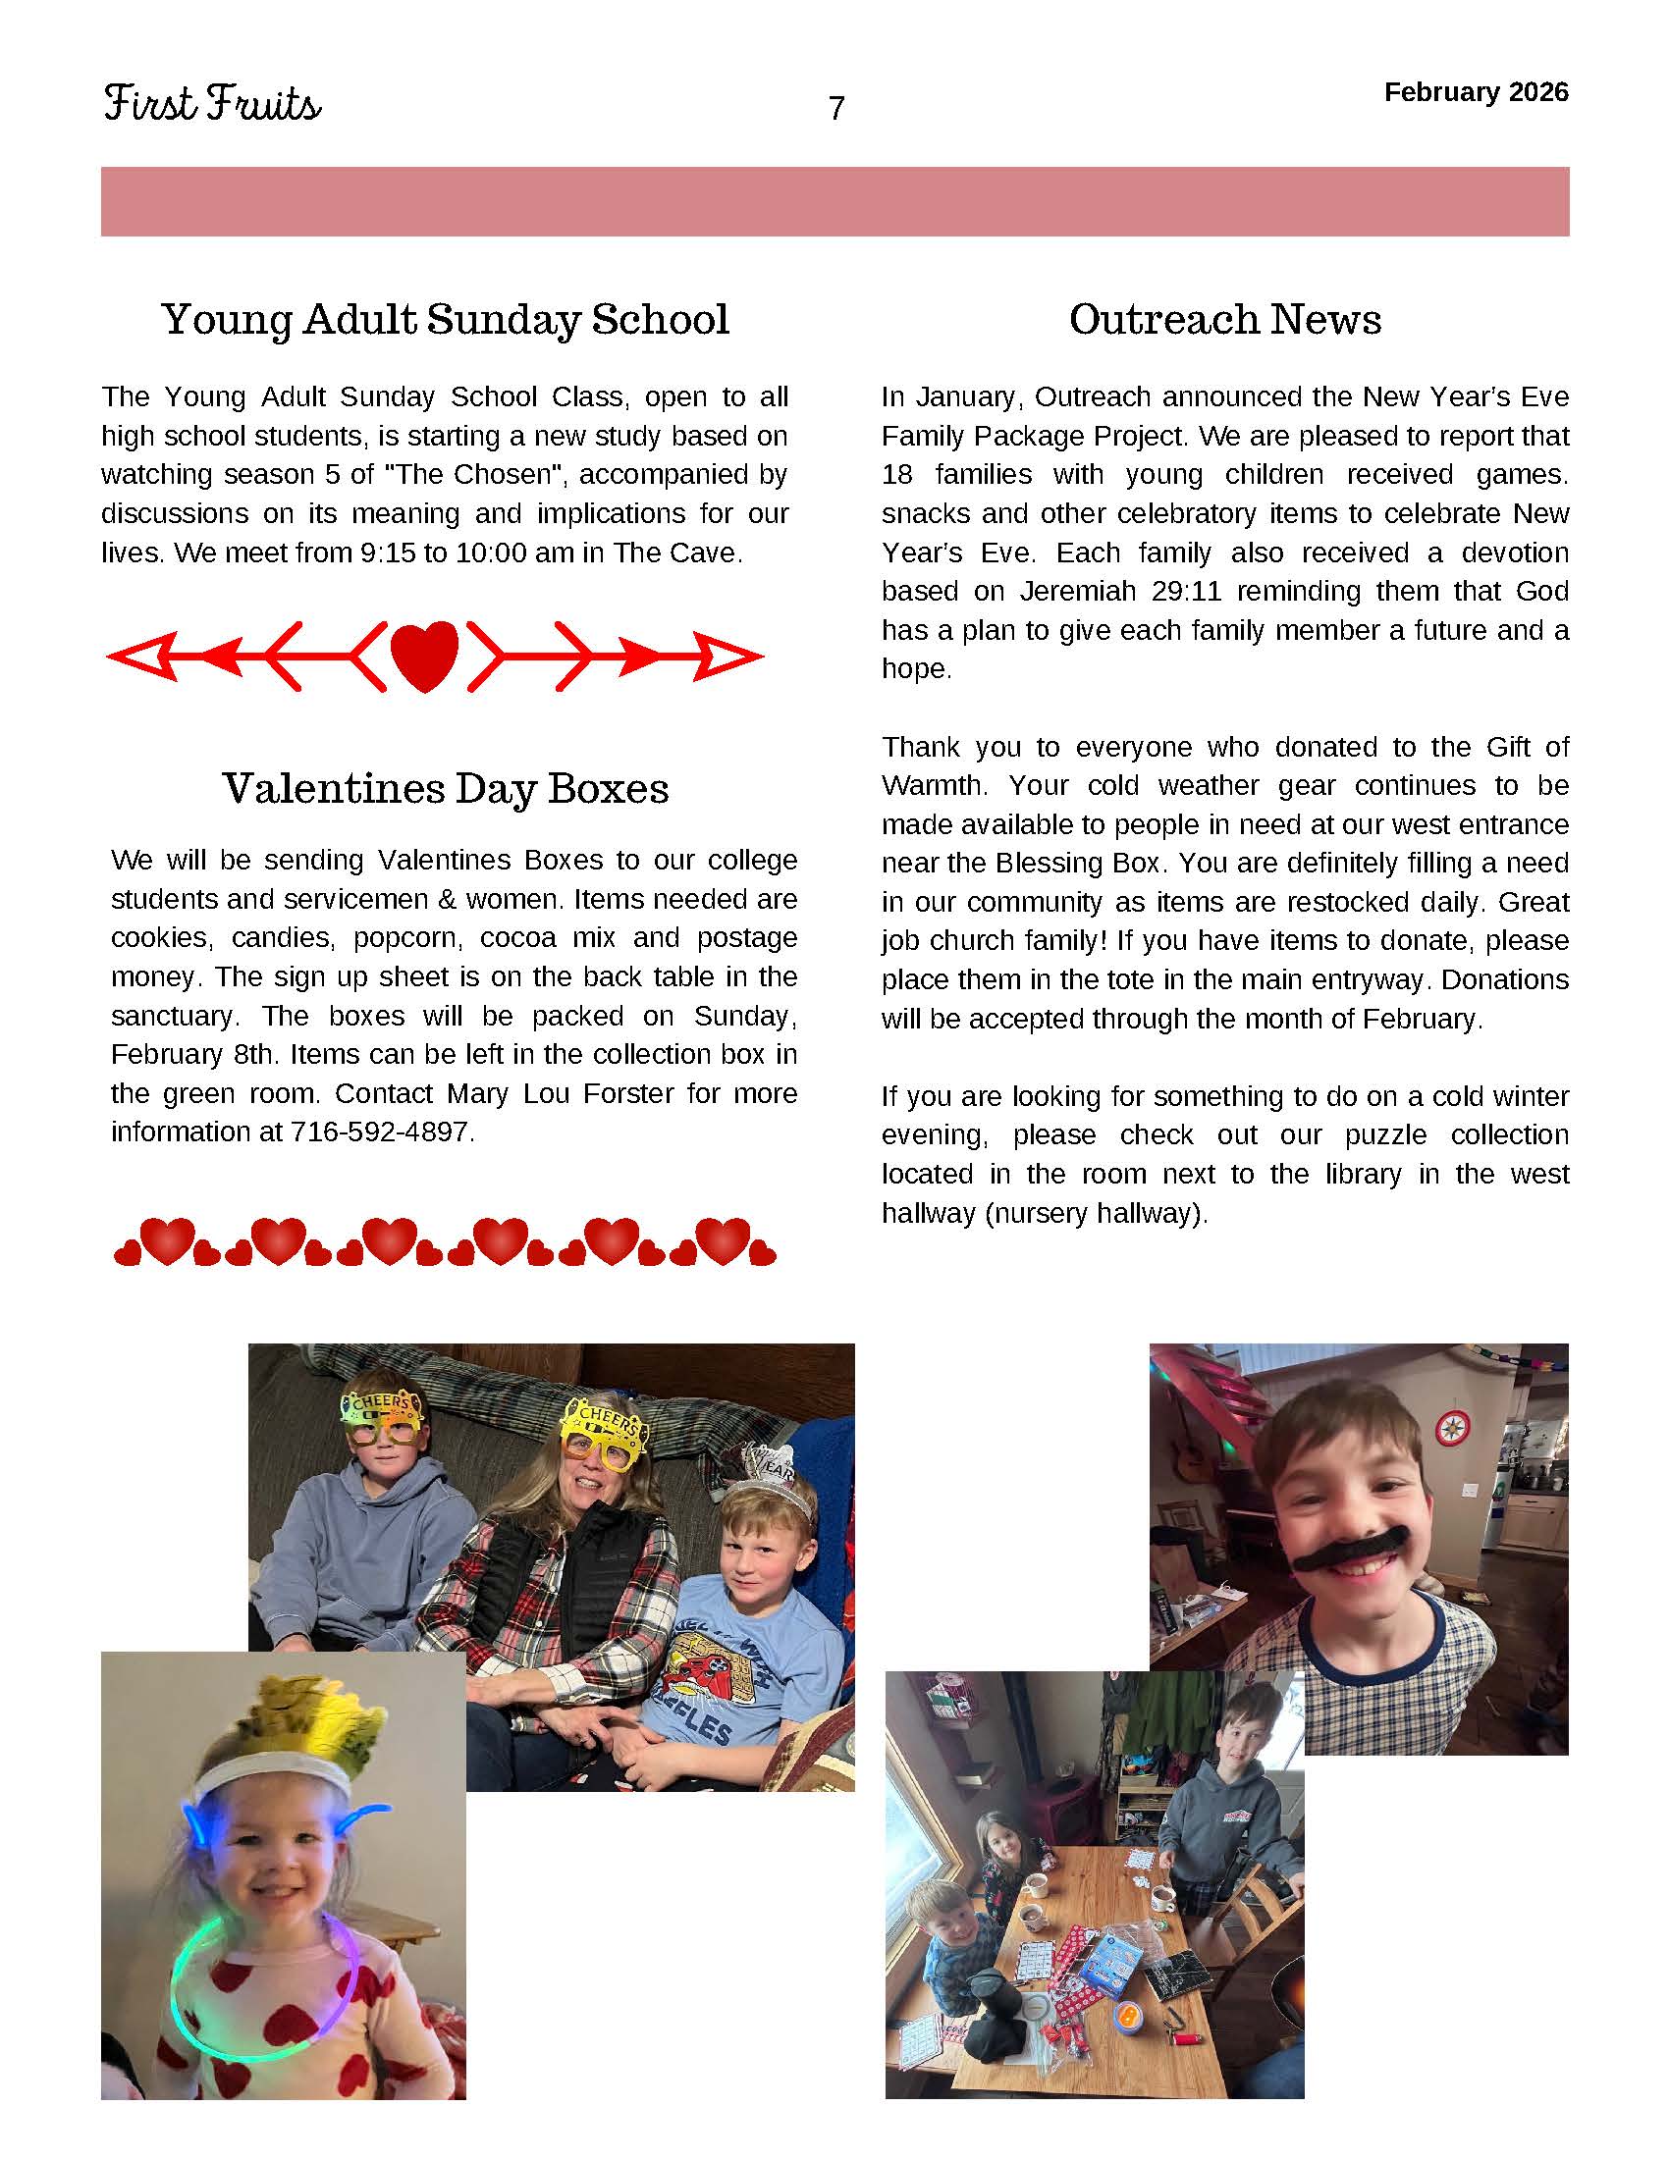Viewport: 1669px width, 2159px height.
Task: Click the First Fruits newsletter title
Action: tap(212, 104)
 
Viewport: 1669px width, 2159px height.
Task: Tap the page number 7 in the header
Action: tap(836, 108)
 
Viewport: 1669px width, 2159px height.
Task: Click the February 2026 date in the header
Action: tap(1476, 92)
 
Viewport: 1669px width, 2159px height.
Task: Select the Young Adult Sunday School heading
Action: tap(445, 319)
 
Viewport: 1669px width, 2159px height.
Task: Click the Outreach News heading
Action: tap(1224, 319)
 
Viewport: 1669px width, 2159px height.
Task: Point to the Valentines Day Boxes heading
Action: tap(445, 788)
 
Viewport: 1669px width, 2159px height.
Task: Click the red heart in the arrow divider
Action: tap(424, 656)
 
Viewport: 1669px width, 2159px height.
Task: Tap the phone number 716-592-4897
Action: tap(380, 1132)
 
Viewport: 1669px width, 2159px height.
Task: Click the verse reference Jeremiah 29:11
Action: tap(1120, 591)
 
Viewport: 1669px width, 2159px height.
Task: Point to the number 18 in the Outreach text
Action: tap(896, 475)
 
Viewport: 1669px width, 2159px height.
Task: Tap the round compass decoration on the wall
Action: tap(1451, 1428)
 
